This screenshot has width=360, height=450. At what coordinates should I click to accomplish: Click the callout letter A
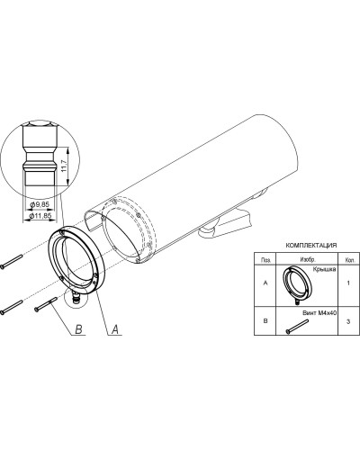(x=115, y=329)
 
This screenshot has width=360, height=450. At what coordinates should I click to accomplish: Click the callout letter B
(x=78, y=329)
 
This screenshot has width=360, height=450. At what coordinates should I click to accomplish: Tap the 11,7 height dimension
(x=64, y=166)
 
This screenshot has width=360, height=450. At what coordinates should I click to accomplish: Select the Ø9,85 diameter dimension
(x=40, y=204)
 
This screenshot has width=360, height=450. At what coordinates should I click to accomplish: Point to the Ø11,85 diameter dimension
(x=40, y=216)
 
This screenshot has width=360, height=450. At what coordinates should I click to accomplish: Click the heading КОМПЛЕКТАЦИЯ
(x=311, y=245)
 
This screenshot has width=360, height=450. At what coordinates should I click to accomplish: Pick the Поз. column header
(x=265, y=260)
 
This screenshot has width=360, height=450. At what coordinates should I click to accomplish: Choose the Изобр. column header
(x=308, y=260)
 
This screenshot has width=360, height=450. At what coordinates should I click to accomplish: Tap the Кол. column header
(x=348, y=260)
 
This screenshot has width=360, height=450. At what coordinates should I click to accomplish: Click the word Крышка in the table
(x=324, y=269)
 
